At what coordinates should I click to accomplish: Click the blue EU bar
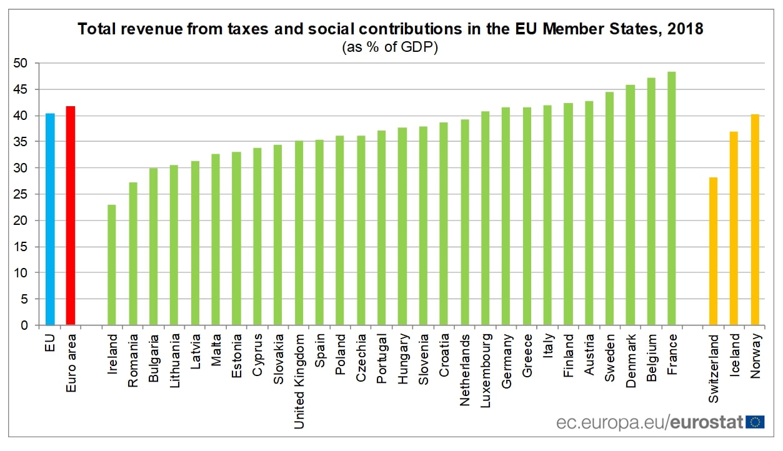pos(49,219)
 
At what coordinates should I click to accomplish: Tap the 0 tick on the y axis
pos(24,325)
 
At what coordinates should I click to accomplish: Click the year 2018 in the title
pos(685,29)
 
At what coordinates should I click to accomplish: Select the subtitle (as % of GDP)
pos(390,47)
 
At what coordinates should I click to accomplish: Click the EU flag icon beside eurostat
pos(755,422)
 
